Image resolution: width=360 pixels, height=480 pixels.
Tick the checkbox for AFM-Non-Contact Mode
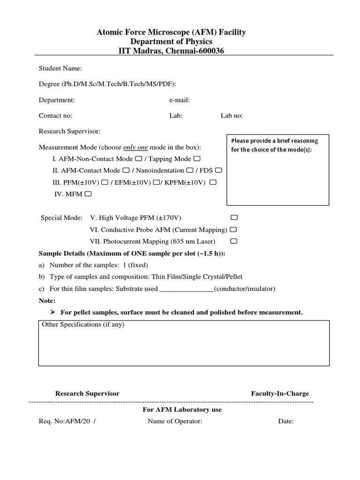137,158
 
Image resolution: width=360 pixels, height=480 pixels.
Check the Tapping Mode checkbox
197,158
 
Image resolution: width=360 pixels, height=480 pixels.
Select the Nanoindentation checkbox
189,170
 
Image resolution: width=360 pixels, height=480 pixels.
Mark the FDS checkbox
218,170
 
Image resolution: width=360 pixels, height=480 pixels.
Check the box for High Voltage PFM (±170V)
234,218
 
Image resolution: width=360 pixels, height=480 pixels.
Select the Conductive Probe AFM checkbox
233,230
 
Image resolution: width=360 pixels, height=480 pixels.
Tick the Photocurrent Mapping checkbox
234,241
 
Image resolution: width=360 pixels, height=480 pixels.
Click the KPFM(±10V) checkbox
213,182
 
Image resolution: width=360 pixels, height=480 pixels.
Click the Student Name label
60,68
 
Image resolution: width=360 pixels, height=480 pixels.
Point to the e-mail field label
180,100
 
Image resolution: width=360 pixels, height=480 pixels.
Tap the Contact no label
55,115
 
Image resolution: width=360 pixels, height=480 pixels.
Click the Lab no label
232,115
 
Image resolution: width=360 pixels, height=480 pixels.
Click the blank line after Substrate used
187,289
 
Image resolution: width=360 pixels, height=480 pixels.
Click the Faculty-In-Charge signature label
280,393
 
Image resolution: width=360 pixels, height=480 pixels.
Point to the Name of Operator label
175,421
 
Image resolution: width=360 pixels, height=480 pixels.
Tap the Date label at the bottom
286,421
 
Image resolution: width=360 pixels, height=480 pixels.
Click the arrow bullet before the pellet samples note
52,312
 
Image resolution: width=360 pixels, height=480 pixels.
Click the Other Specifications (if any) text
83,324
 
